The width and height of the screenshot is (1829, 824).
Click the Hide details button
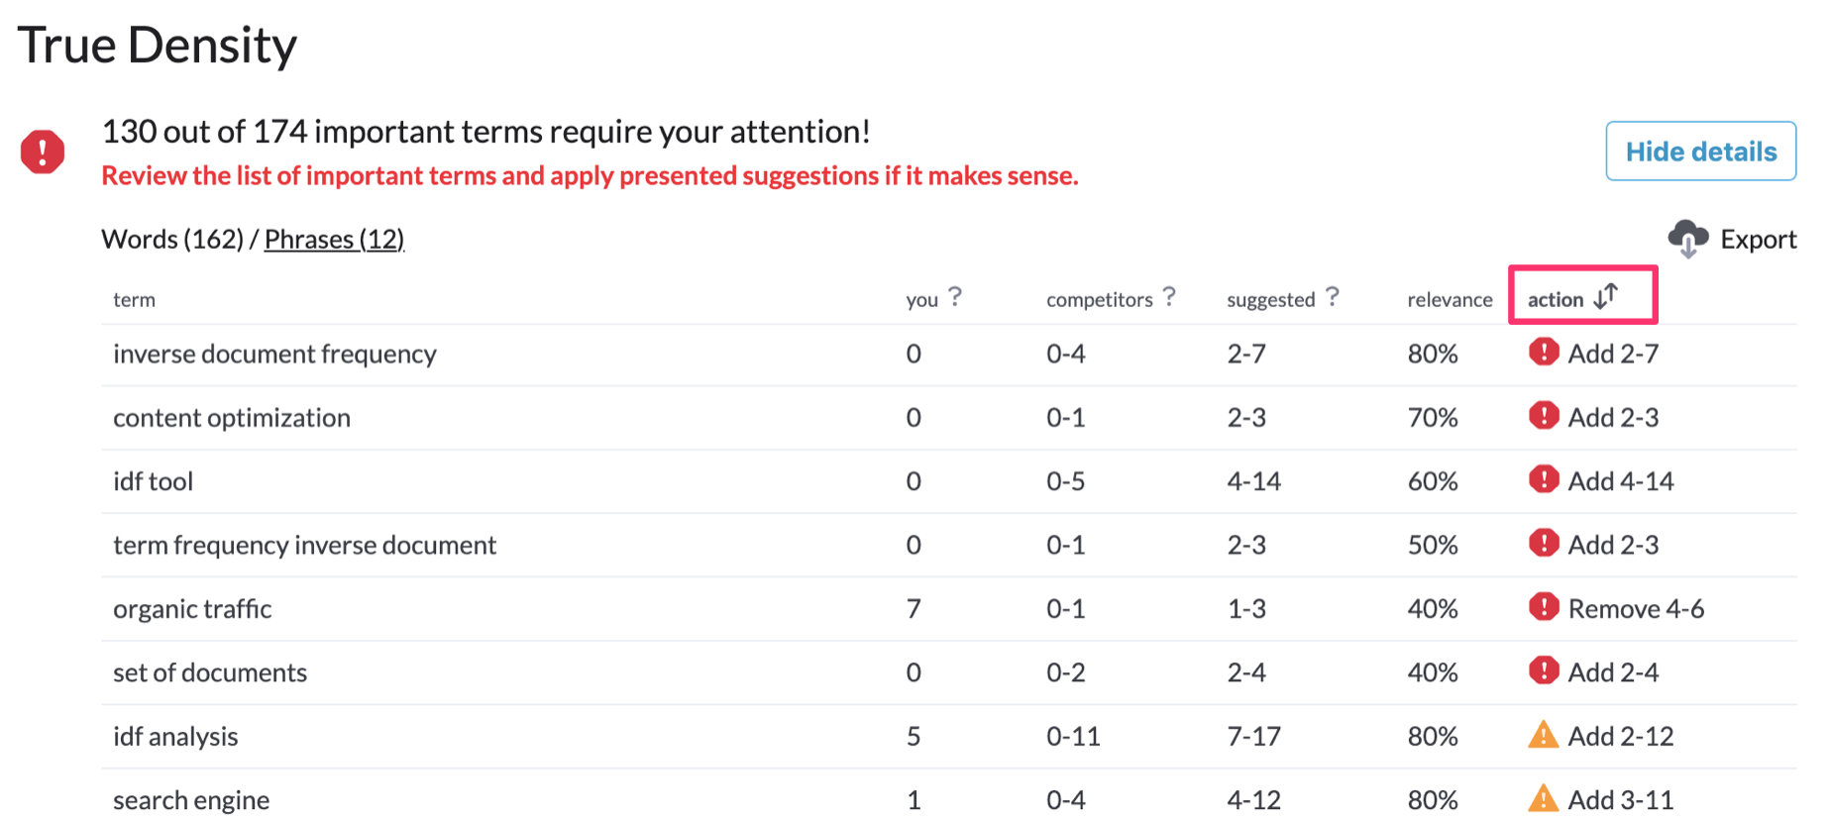tap(1700, 151)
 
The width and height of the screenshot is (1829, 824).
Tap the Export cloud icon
tap(1688, 239)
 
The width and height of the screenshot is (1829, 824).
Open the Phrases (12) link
tap(334, 240)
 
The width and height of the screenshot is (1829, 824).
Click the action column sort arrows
tap(1606, 296)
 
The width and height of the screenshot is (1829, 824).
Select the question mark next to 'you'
tap(955, 296)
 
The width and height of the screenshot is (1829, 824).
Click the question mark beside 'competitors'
tap(1169, 296)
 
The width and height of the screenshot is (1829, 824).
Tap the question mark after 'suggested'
tap(1333, 296)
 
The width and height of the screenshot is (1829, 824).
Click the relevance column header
tap(1450, 300)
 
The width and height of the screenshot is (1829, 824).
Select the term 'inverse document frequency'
tap(274, 355)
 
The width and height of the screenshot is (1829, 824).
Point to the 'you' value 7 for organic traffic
tap(914, 609)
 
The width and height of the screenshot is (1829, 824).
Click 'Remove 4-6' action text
tap(1636, 609)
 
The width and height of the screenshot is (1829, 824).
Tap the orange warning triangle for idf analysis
tap(1544, 735)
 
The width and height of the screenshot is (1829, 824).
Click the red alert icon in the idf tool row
tap(1544, 480)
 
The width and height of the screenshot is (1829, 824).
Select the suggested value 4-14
tap(1253, 481)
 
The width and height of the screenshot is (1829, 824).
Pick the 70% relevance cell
tap(1433, 418)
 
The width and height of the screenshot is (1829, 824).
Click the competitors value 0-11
tap(1073, 737)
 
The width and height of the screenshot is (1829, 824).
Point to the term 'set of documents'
tap(210, 673)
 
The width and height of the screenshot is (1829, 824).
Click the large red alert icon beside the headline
tap(43, 152)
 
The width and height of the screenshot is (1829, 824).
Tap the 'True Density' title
tap(158, 46)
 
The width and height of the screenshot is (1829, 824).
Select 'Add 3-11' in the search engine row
tap(1621, 800)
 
